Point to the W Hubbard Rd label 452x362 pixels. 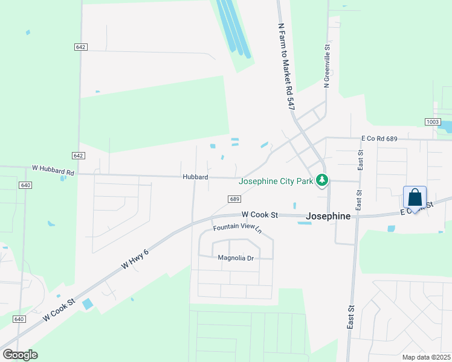click(x=53, y=172)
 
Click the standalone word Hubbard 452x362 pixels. click(x=195, y=177)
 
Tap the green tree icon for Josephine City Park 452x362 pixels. click(x=323, y=180)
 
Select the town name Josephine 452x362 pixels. click(x=329, y=215)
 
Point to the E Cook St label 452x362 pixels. click(x=418, y=208)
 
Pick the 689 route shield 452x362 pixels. click(x=236, y=199)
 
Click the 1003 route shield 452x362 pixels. click(x=433, y=122)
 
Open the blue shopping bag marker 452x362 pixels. click(x=415, y=198)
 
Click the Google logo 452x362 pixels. click(x=20, y=354)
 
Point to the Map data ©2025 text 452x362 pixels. click(x=425, y=357)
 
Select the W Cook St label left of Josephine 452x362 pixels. click(x=259, y=215)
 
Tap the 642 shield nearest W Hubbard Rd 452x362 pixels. click(x=78, y=156)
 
